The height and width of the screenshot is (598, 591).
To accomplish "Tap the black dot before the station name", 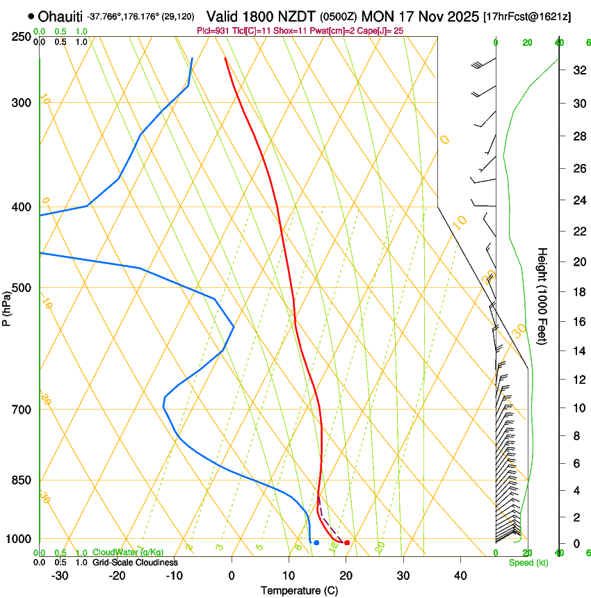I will click(x=31, y=16).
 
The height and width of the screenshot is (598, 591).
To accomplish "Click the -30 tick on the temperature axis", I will click(x=60, y=576).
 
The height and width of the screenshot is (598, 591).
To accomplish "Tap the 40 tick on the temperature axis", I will click(x=460, y=576).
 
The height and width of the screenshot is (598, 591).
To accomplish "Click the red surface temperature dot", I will click(x=347, y=542).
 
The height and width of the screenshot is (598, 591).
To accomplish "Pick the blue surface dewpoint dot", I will click(x=316, y=542).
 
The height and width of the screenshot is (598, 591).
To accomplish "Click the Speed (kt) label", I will click(x=528, y=563).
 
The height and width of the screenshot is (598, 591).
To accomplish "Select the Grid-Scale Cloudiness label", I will click(x=135, y=562).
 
